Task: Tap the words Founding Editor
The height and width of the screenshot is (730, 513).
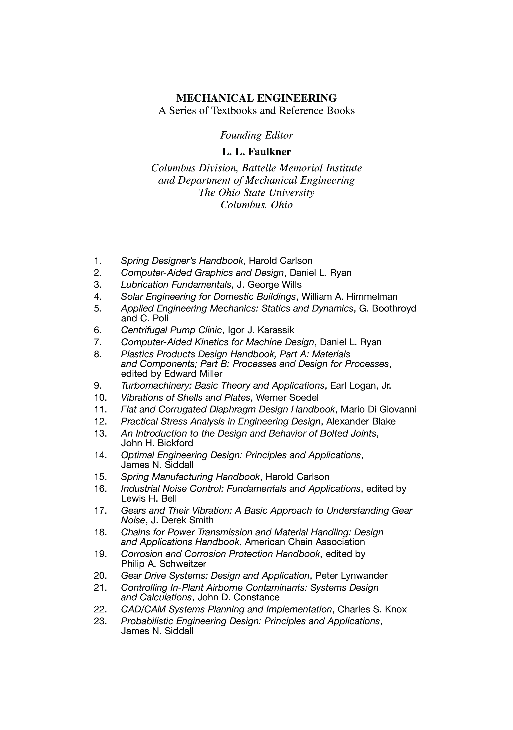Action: click(x=256, y=135)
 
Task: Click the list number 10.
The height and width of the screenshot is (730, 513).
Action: click(x=100, y=398)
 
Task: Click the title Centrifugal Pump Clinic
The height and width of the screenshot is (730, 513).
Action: click(x=171, y=330)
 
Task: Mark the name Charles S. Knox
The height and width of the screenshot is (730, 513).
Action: click(x=372, y=609)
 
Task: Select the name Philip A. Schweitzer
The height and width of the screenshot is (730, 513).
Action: click(x=164, y=564)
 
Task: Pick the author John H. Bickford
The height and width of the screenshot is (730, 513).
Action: click(x=157, y=443)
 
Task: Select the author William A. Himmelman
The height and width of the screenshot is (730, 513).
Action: click(x=349, y=297)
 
